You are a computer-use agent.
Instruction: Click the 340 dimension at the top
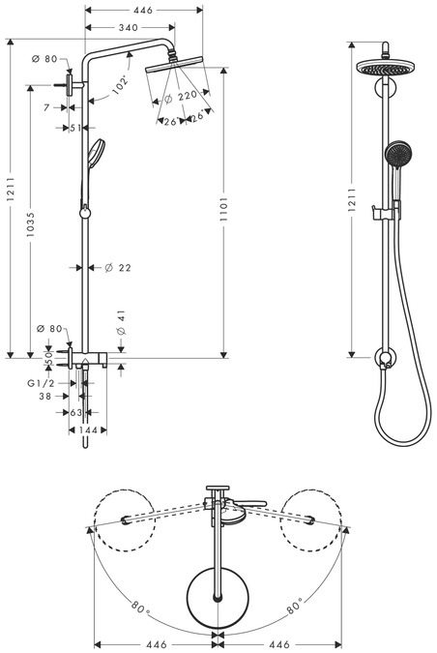[x=121, y=28]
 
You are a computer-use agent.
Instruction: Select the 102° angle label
[x=122, y=86]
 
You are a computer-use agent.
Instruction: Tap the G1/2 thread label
[x=40, y=383]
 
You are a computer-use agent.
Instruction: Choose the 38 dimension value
[x=44, y=397]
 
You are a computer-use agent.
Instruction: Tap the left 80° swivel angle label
[x=139, y=608]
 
